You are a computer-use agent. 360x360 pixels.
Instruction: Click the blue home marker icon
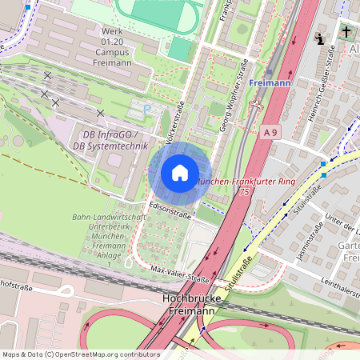(x=180, y=172)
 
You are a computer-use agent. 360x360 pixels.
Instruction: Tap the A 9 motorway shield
(x=271, y=131)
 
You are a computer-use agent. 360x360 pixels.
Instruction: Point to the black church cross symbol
(x=346, y=33)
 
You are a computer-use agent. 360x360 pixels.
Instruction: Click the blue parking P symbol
(x=146, y=108)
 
